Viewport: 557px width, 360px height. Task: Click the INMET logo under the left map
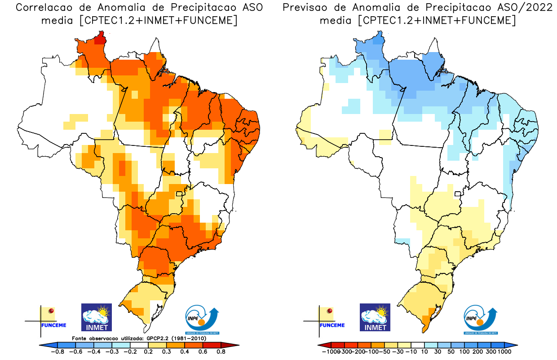point(96,317)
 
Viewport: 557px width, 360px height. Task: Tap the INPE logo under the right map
point(480,320)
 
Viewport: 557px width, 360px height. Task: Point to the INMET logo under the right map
point(375,317)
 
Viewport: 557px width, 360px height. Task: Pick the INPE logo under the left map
point(202,320)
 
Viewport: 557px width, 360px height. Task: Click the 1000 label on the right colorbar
point(504,352)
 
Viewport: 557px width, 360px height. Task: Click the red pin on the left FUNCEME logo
point(51,311)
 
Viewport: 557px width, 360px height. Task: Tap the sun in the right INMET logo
point(383,310)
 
